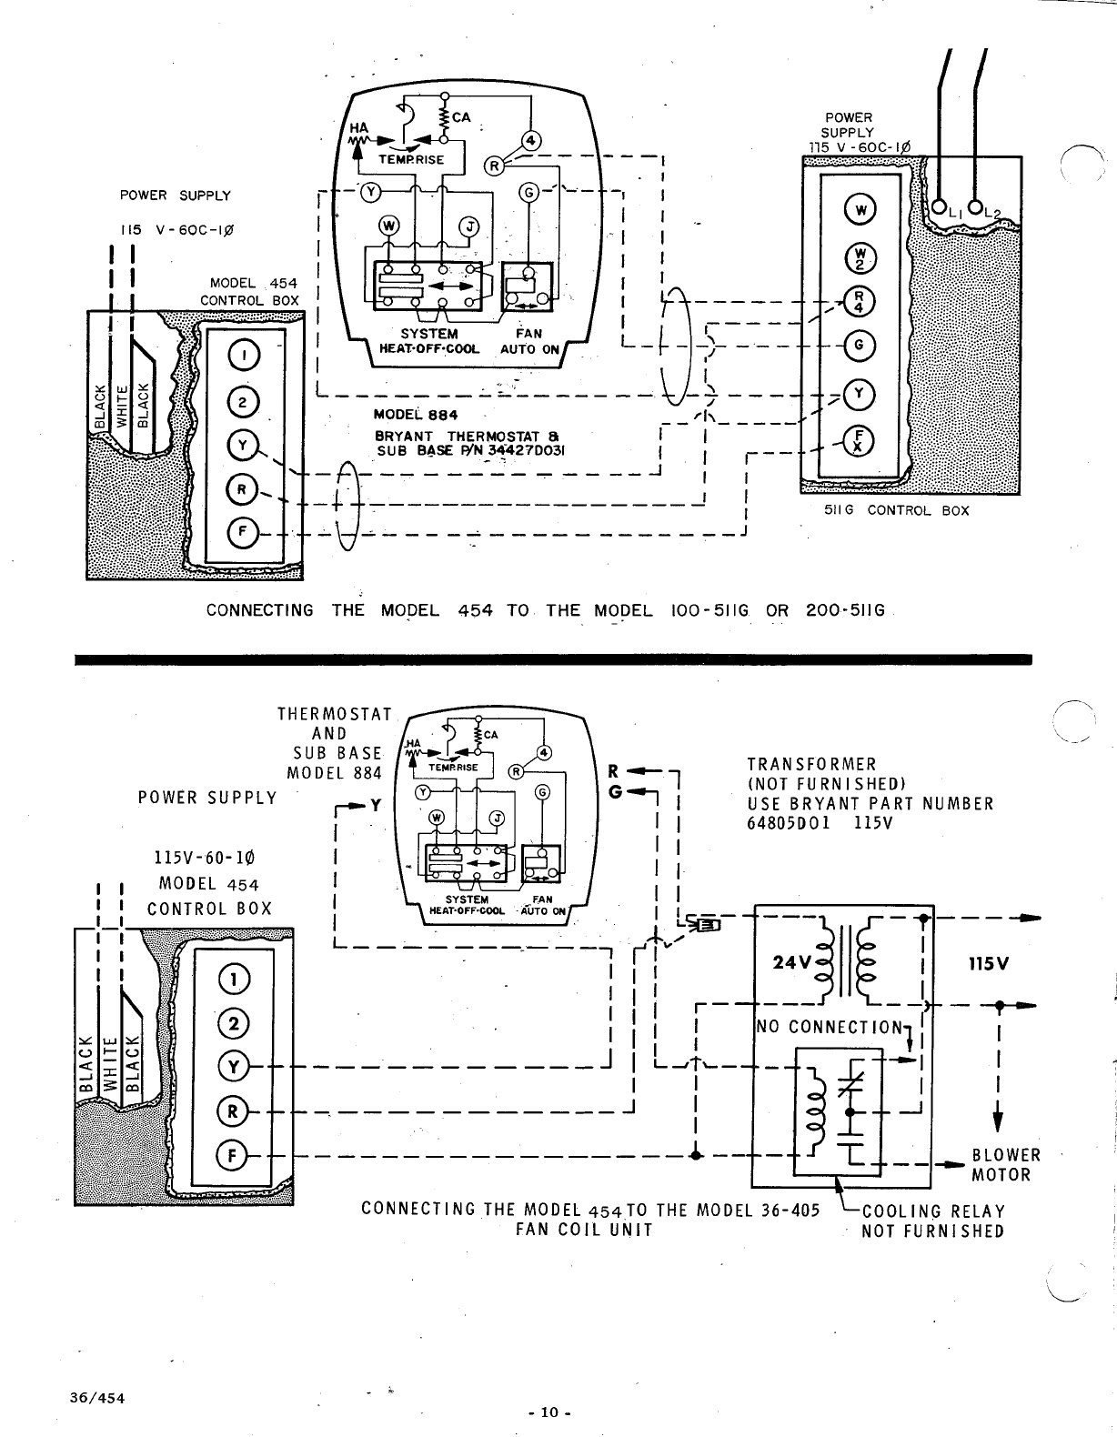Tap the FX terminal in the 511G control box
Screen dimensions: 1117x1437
(x=859, y=440)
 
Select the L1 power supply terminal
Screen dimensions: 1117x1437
(x=939, y=206)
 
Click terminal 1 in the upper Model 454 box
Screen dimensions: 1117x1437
(x=244, y=356)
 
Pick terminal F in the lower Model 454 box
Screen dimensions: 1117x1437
(x=232, y=1156)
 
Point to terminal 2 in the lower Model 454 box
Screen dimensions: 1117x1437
(x=234, y=1024)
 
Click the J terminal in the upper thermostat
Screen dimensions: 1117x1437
(x=468, y=226)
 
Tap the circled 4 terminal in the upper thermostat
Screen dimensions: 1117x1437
(x=531, y=141)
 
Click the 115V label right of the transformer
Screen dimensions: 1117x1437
(x=989, y=963)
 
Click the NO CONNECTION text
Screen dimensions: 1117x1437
(x=830, y=1027)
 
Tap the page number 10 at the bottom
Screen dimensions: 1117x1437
(x=549, y=1412)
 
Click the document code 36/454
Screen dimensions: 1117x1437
(x=97, y=1398)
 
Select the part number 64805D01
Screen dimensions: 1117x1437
(x=789, y=823)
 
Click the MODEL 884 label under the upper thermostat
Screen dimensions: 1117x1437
(x=416, y=415)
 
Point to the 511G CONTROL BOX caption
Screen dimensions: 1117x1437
(x=896, y=510)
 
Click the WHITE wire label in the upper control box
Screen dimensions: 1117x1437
(x=122, y=407)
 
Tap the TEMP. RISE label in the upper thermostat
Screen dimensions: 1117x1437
(x=411, y=159)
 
